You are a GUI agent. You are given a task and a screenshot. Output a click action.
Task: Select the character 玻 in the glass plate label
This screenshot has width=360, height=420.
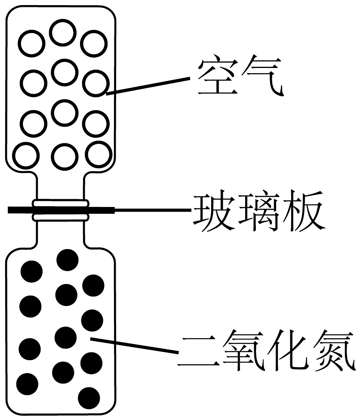tap(214, 212)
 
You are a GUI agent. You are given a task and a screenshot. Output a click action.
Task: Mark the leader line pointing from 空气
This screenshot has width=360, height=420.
tap(148, 85)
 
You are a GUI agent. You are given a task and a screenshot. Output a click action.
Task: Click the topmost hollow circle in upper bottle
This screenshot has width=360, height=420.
tap(63, 33)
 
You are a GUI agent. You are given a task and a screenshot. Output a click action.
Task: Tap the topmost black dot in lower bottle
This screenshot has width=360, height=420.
tap(68, 259)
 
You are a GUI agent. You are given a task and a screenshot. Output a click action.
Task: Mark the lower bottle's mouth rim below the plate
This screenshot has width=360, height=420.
tap(61, 217)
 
